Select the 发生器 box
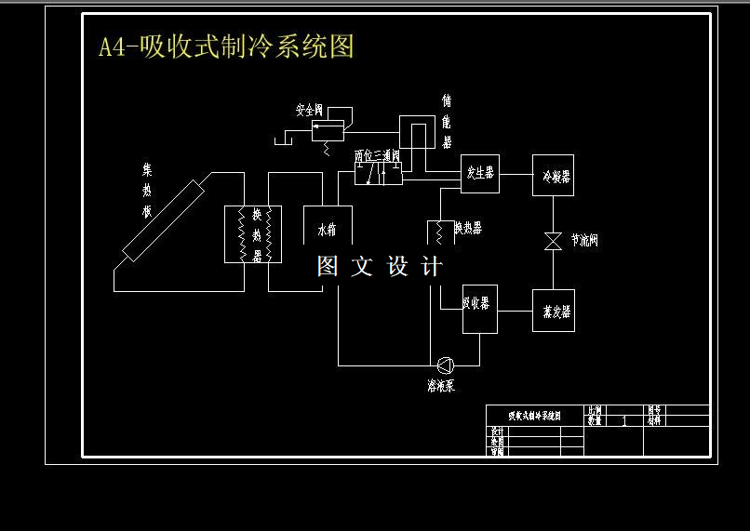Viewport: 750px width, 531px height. [x=480, y=174]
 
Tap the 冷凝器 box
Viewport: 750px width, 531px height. [x=553, y=175]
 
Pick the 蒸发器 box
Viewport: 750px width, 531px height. [x=553, y=311]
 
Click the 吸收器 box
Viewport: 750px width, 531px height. [x=480, y=309]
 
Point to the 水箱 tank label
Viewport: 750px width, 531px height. [x=327, y=229]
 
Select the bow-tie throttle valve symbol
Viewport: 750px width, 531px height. [x=553, y=241]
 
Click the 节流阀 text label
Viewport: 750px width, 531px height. [x=584, y=241]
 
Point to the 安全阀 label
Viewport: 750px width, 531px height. [x=309, y=110]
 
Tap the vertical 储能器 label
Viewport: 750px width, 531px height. [x=447, y=121]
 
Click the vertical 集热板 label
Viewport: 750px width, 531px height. [x=147, y=192]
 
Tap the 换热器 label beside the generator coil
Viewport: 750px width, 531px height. [x=467, y=228]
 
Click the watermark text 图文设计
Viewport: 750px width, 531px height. [x=380, y=267]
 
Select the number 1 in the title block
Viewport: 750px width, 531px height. [x=623, y=421]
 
